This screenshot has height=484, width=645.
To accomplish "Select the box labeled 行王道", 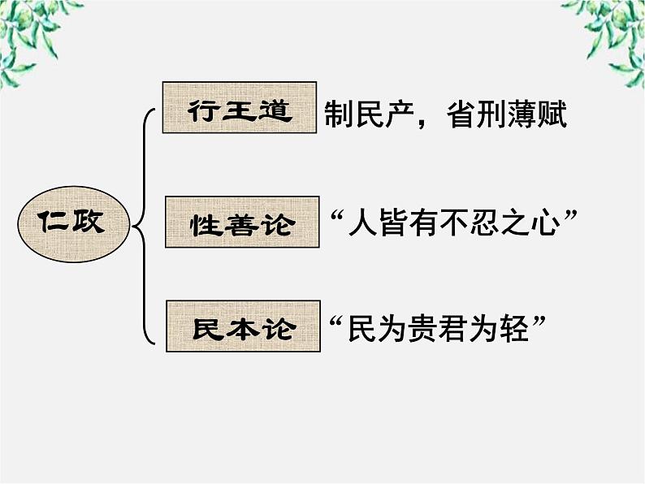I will coord(239,107).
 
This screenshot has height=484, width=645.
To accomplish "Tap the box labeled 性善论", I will coord(241,221).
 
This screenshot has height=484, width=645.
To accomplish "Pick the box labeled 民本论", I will coord(241,326).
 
